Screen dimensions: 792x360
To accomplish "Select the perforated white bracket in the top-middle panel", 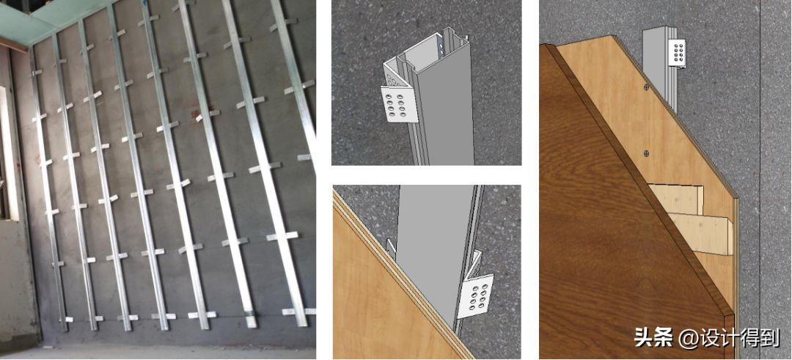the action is (400, 104).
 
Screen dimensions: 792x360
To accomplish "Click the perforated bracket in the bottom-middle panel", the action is (475, 296).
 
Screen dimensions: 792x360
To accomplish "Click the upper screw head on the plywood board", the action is (647, 87).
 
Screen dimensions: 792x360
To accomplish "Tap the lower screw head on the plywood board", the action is (647, 152).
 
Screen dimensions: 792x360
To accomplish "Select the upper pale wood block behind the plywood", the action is (676, 199).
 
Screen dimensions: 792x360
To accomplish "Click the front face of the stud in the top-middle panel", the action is (451, 107).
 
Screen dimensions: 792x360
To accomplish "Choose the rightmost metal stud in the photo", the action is (293, 81).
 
